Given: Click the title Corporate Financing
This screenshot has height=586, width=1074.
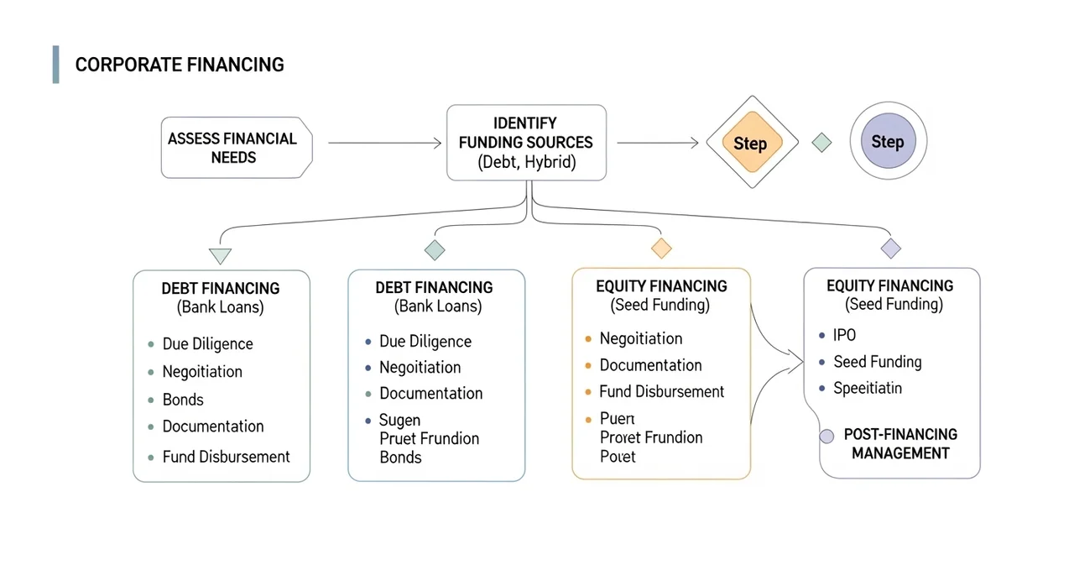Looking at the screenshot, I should tap(180, 65).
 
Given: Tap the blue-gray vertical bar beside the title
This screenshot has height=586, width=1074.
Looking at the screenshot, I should tap(55, 65).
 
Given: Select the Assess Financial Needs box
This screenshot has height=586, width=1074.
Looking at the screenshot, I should tap(236, 148).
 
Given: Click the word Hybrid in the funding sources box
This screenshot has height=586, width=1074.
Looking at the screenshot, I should tap(550, 163).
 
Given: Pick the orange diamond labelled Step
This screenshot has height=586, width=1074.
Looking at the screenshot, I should tap(749, 144).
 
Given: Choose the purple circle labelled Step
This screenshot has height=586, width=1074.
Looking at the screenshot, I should tap(888, 142).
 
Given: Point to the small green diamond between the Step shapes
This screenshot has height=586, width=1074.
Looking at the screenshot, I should tap(822, 143).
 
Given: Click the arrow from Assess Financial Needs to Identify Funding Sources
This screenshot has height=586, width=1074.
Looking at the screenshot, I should tap(384, 144).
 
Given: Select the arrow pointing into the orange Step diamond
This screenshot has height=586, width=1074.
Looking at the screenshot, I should tap(658, 144).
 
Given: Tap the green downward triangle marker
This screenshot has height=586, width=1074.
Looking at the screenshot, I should tap(220, 256).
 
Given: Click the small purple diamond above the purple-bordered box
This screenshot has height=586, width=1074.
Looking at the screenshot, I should tap(890, 249).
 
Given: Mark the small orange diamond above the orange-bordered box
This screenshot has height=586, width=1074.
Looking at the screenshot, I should tap(661, 248).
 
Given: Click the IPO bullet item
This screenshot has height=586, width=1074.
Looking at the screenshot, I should tap(844, 335).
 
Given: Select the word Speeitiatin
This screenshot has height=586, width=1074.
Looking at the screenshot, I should tap(868, 389).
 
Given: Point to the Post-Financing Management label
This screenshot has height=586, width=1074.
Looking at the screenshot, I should tap(900, 444).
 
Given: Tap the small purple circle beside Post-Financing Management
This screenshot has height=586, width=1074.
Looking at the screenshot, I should tap(826, 437).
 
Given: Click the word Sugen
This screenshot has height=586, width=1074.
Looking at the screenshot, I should tap(399, 420).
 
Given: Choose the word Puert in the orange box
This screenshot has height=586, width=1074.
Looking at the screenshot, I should tap(618, 418).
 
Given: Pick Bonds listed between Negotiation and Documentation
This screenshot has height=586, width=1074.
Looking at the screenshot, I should tap(183, 400).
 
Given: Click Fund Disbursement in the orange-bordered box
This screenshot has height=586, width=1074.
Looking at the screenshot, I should tap(661, 392).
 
